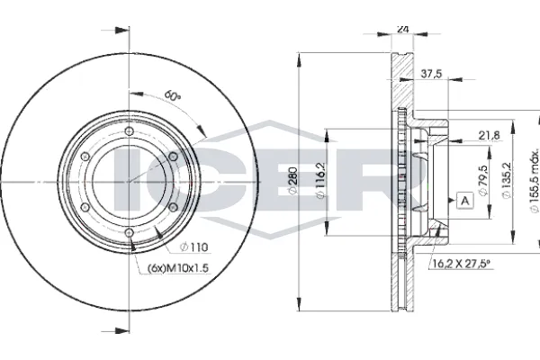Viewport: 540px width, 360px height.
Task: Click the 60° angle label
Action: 172,95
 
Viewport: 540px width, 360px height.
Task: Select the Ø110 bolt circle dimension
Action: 194,247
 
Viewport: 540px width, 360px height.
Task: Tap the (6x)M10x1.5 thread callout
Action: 178,268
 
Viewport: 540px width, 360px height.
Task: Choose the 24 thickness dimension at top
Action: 402,29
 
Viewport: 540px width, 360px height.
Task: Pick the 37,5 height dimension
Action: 431,74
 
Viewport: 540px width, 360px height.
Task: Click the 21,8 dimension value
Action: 490,135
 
